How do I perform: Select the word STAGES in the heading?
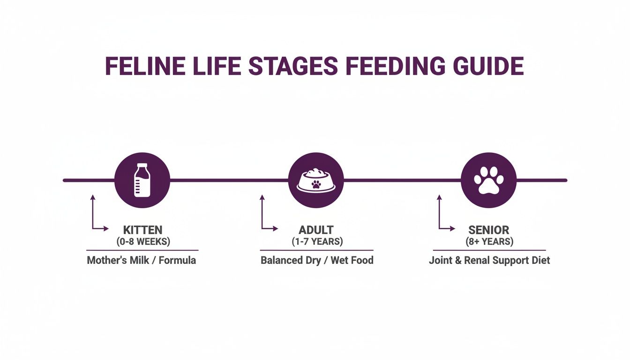[292, 66]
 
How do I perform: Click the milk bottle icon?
[142, 180]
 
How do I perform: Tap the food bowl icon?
[316, 180]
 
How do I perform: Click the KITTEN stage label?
[142, 230]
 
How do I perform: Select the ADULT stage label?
[316, 230]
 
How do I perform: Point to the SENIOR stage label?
[489, 230]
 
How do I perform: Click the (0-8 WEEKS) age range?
[142, 242]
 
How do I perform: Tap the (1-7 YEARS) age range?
[316, 242]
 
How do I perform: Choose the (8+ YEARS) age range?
[489, 242]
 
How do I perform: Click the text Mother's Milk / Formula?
[142, 260]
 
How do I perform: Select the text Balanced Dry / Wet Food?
[317, 260]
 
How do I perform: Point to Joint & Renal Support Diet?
[489, 260]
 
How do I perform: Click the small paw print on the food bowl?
[316, 184]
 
